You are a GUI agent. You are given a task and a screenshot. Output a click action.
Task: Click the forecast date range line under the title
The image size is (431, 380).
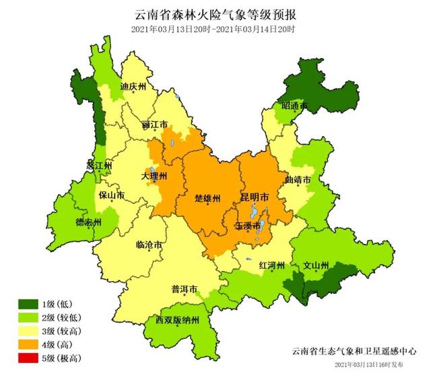coord(215,29)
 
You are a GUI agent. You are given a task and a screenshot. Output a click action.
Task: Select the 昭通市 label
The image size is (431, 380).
coord(294,106)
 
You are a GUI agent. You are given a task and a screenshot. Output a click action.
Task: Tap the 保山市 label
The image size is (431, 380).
coord(111,196)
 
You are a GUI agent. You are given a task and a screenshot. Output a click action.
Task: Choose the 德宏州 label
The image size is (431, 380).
coord(88,222)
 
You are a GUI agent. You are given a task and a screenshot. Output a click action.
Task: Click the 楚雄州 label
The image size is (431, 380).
coord(207,199)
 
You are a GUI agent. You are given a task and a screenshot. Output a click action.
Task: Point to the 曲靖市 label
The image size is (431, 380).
coord(298,181)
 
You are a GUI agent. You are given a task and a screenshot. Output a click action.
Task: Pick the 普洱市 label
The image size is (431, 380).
coord(185,289)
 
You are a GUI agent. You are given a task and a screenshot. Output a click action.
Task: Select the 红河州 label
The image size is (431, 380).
coord(273,266)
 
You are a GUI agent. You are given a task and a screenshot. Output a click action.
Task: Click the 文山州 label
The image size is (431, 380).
coord(315,265)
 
